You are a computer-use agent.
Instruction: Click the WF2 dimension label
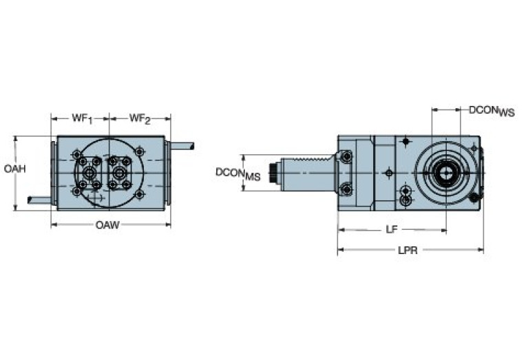[140, 118]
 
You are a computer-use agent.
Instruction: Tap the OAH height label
[14, 169]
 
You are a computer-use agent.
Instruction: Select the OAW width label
[107, 225]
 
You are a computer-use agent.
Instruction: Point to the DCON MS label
[237, 173]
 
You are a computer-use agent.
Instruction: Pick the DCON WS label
[492, 111]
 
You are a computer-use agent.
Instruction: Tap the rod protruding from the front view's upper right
[182, 146]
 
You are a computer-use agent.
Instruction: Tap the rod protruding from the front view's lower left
[39, 200]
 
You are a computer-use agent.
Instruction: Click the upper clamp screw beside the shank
[346, 156]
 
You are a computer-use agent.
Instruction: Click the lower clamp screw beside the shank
[346, 188]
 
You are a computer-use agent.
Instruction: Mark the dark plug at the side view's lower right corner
[474, 198]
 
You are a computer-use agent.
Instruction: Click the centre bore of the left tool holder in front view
[89, 173]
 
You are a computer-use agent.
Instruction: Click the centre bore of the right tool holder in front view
[119, 173]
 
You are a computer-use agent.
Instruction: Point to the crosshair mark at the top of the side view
[406, 141]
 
